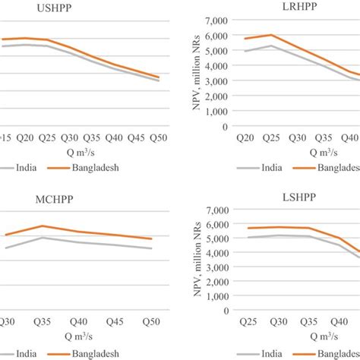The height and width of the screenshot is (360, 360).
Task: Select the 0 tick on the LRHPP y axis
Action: click(225, 126)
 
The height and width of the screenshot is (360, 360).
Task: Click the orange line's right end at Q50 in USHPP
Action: click(158, 77)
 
